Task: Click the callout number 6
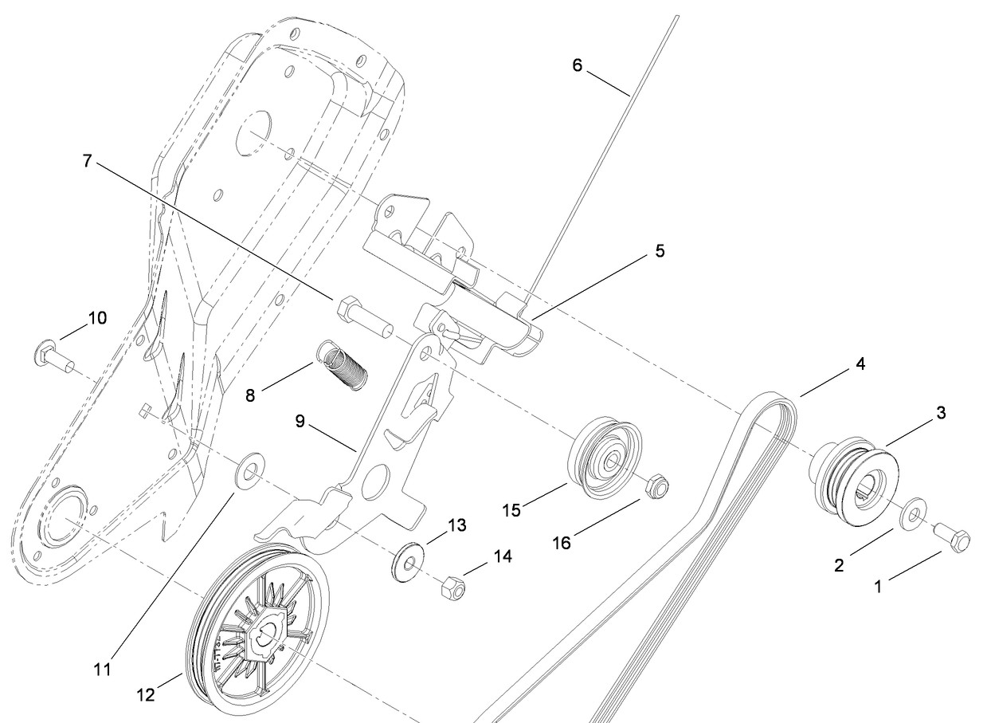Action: pyautogui.click(x=578, y=65)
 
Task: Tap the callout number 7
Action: pyautogui.click(x=88, y=161)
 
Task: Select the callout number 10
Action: pyautogui.click(x=98, y=318)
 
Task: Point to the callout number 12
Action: pyautogui.click(x=146, y=694)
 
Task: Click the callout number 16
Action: pyautogui.click(x=562, y=543)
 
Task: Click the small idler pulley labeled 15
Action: pyautogui.click(x=604, y=457)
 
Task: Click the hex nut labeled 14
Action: pyautogui.click(x=454, y=587)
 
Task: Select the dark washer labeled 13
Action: pyautogui.click(x=408, y=562)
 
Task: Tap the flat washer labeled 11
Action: pyautogui.click(x=249, y=470)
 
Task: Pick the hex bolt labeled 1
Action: pyautogui.click(x=952, y=536)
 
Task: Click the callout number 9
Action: pyautogui.click(x=300, y=421)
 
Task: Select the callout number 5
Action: pyautogui.click(x=660, y=251)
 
